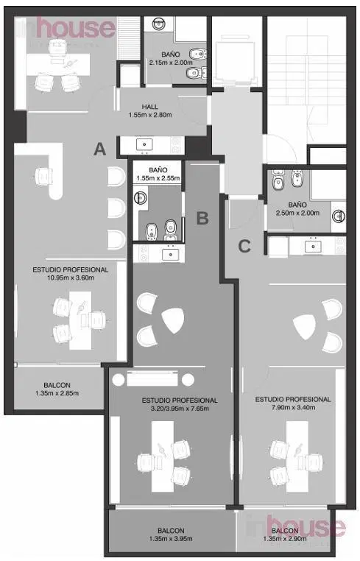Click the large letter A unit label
tap(100, 149)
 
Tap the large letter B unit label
tap(202, 217)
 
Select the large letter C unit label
tap(244, 246)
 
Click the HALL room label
tap(149, 107)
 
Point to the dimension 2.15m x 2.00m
tap(171, 63)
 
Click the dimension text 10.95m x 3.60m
tap(71, 278)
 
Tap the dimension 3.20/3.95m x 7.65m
tap(180, 408)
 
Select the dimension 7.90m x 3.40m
tap(293, 407)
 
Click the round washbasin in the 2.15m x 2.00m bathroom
tap(158, 24)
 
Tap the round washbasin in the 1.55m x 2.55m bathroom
tap(141, 197)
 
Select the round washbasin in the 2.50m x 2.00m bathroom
tap(338, 216)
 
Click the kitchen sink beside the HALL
tap(144, 144)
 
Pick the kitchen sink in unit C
tap(313, 247)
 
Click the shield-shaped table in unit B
tap(173, 320)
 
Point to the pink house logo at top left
tap(76, 27)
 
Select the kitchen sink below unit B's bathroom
tap(171, 254)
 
